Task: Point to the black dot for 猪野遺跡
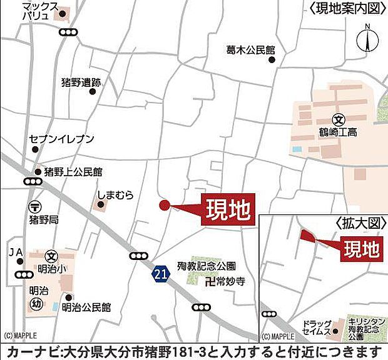(93, 91)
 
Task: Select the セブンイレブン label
(61, 139)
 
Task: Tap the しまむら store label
(116, 195)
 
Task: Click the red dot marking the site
(164, 205)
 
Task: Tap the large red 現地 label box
(226, 210)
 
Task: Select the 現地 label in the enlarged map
(363, 249)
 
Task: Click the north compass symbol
(367, 40)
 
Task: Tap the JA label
(15, 252)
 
